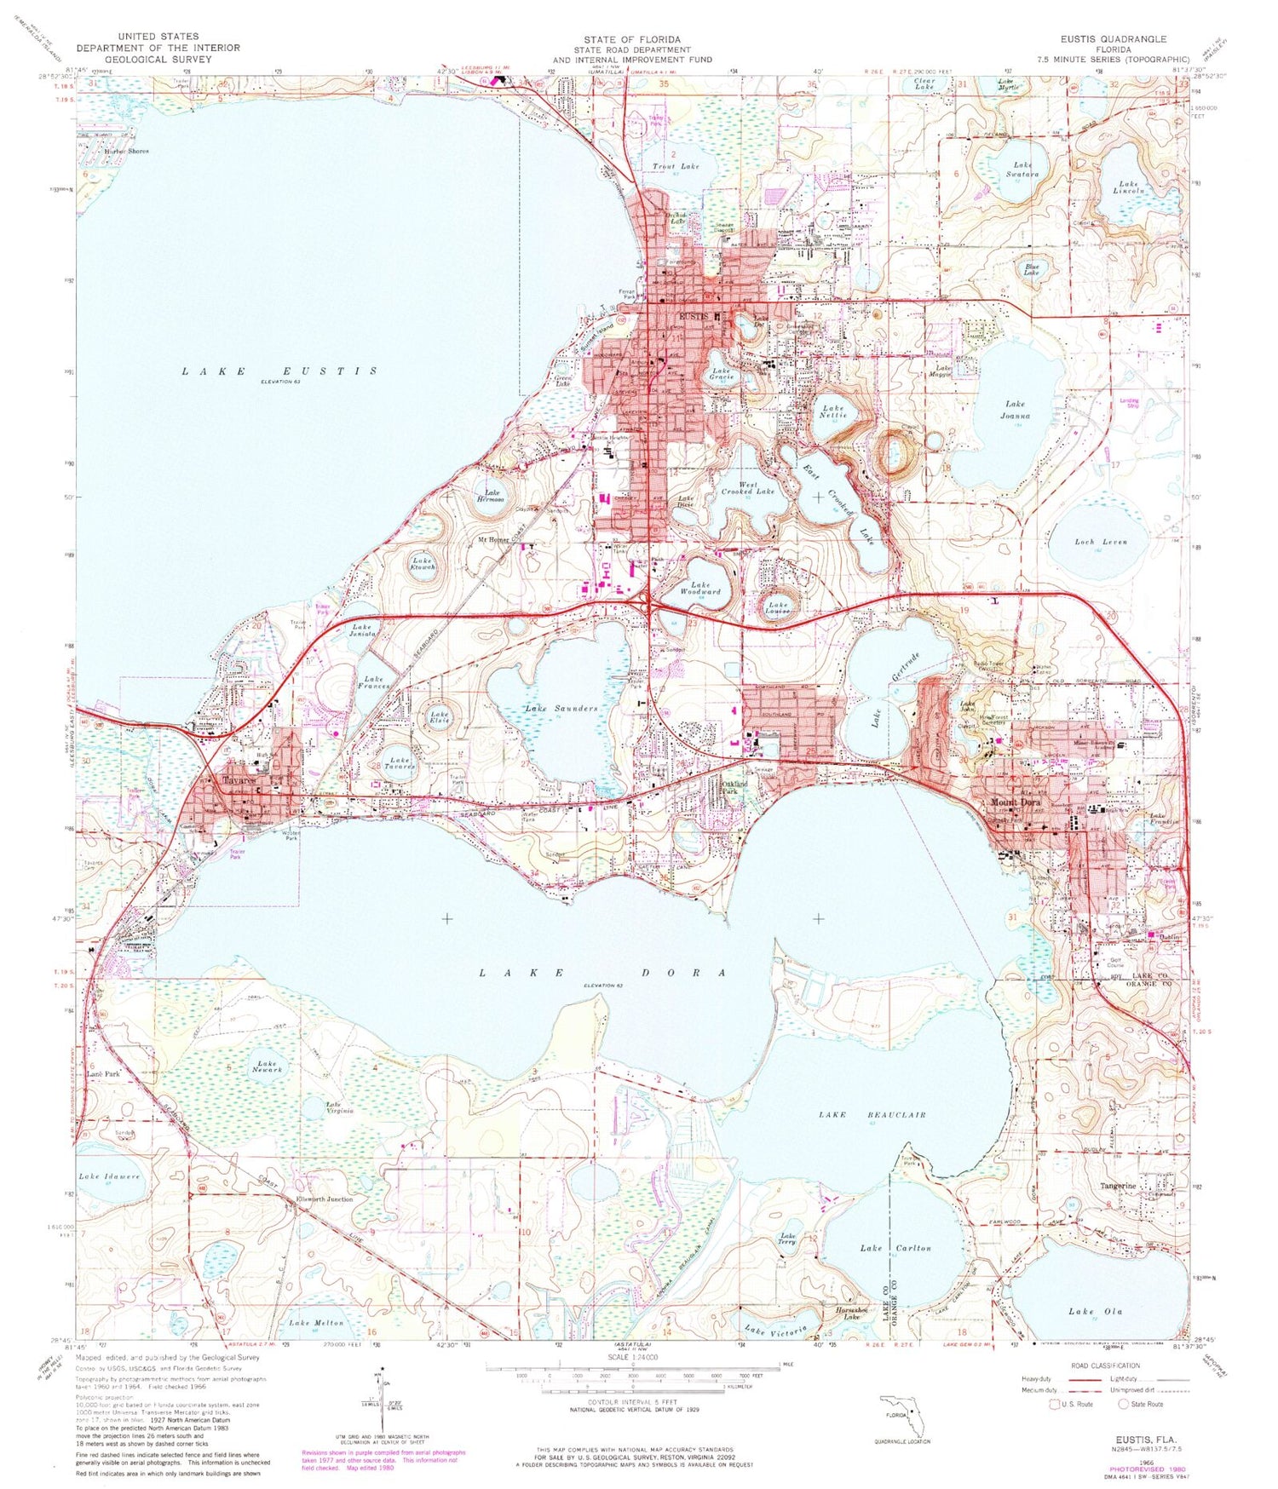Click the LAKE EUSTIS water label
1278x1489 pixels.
pos(280,371)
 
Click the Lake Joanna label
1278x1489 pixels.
pos(1016,410)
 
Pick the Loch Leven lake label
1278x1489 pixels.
pos(1100,542)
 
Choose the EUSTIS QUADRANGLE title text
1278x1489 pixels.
pos(1113,39)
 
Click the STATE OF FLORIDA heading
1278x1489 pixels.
pos(631,40)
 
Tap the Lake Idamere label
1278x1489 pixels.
pos(109,1176)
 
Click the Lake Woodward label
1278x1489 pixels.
pos(700,588)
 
